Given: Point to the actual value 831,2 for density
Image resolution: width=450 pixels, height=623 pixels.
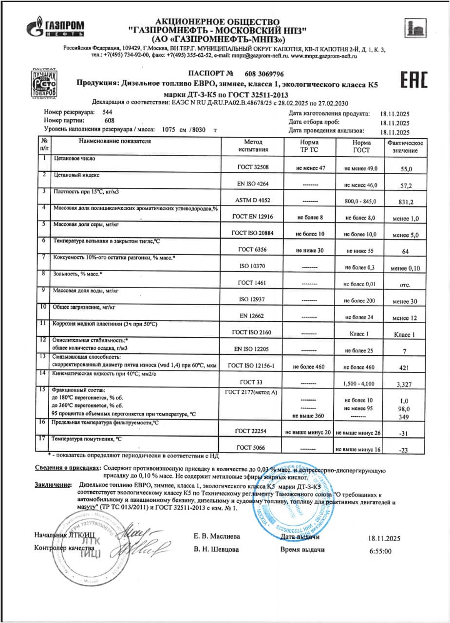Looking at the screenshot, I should pos(405,202).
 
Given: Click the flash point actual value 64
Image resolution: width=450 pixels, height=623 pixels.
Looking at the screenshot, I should pos(405,252).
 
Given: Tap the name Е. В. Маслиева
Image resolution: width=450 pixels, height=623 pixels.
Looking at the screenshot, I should pos(217,536).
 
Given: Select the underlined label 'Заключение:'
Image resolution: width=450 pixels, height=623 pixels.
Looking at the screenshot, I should pos(51,486).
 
